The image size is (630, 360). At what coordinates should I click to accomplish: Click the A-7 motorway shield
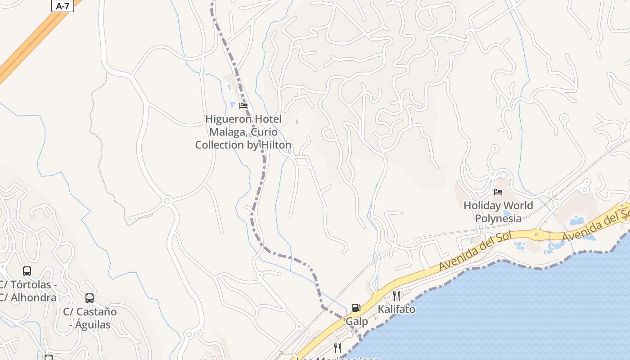[x=63, y=6]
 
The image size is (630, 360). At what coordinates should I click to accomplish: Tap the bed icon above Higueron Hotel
[x=243, y=106]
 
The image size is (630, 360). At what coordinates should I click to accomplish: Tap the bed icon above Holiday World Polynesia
[x=498, y=192]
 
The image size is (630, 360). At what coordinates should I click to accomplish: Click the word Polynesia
[x=498, y=219]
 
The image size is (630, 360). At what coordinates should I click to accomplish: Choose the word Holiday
[x=482, y=206]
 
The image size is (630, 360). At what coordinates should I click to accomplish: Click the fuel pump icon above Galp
[x=356, y=308]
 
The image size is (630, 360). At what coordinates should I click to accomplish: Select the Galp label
[x=356, y=322]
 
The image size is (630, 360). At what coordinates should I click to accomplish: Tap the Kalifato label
[x=396, y=310]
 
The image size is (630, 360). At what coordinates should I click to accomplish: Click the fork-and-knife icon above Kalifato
[x=396, y=296]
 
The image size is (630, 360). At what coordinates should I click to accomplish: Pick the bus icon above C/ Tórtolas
[x=27, y=271]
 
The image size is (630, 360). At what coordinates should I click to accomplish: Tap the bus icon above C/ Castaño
[x=90, y=298]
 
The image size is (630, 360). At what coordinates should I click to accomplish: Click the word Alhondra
[x=33, y=297]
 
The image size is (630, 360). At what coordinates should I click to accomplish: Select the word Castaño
[x=96, y=311]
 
